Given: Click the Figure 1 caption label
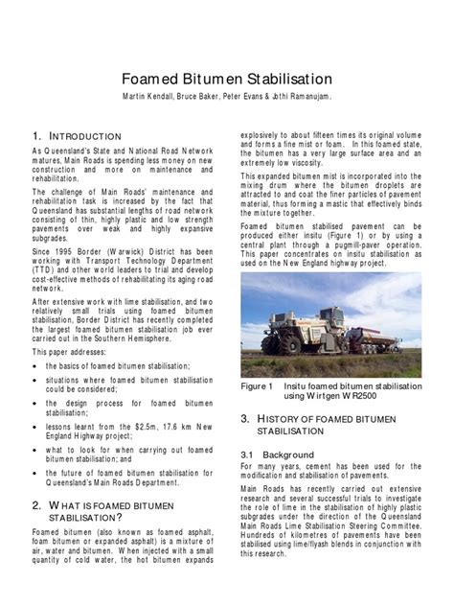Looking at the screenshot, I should pos(258,386).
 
